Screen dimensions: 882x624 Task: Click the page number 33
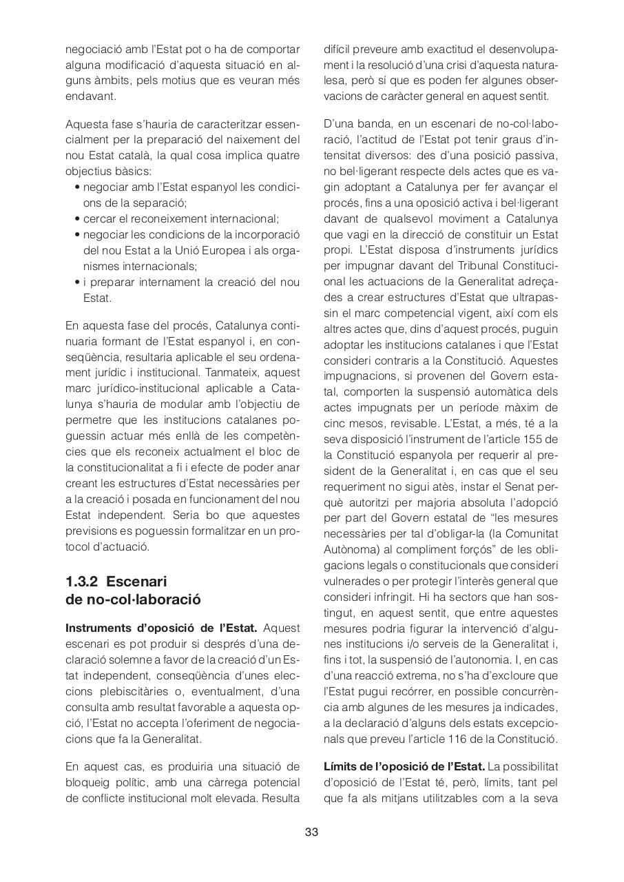(x=311, y=832)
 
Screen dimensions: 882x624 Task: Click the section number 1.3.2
(x=82, y=581)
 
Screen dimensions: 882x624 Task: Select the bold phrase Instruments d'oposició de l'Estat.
(x=161, y=628)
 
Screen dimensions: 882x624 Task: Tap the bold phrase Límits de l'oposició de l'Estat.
(x=404, y=766)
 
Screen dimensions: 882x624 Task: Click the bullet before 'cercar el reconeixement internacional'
(x=77, y=219)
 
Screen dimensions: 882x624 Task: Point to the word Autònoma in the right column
(x=349, y=550)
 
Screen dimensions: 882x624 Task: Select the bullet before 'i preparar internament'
(x=77, y=282)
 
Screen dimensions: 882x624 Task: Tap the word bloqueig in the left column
(x=87, y=782)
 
